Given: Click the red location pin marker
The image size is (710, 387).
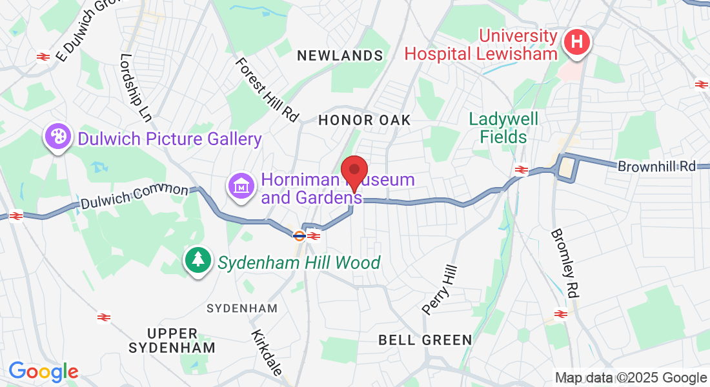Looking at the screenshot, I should pyautogui.click(x=354, y=171).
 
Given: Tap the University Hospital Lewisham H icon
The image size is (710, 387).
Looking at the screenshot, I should pyautogui.click(x=577, y=43).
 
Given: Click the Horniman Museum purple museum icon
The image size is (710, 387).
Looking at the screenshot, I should pyautogui.click(x=241, y=186).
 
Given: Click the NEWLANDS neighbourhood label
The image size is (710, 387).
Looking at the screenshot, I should pyautogui.click(x=340, y=56).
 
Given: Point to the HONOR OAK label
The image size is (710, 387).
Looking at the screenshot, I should pyautogui.click(x=365, y=120).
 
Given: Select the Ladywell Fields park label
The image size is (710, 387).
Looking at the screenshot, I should pyautogui.click(x=503, y=128).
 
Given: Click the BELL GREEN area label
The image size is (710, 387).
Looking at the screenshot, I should pyautogui.click(x=425, y=339).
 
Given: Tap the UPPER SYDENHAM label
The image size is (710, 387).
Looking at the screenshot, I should pyautogui.click(x=172, y=341).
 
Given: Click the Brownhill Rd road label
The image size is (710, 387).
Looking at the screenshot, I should pyautogui.click(x=656, y=166).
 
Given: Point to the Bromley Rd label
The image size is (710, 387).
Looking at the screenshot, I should pyautogui.click(x=563, y=263).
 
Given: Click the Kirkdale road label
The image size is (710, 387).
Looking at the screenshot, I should pyautogui.click(x=267, y=353).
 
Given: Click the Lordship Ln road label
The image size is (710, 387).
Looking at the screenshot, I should pyautogui.click(x=136, y=87).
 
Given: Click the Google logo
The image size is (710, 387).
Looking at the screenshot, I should pyautogui.click(x=43, y=372).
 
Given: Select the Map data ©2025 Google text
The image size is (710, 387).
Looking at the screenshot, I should pyautogui.click(x=631, y=378).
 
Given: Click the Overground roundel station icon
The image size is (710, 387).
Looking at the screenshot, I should pyautogui.click(x=299, y=235).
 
